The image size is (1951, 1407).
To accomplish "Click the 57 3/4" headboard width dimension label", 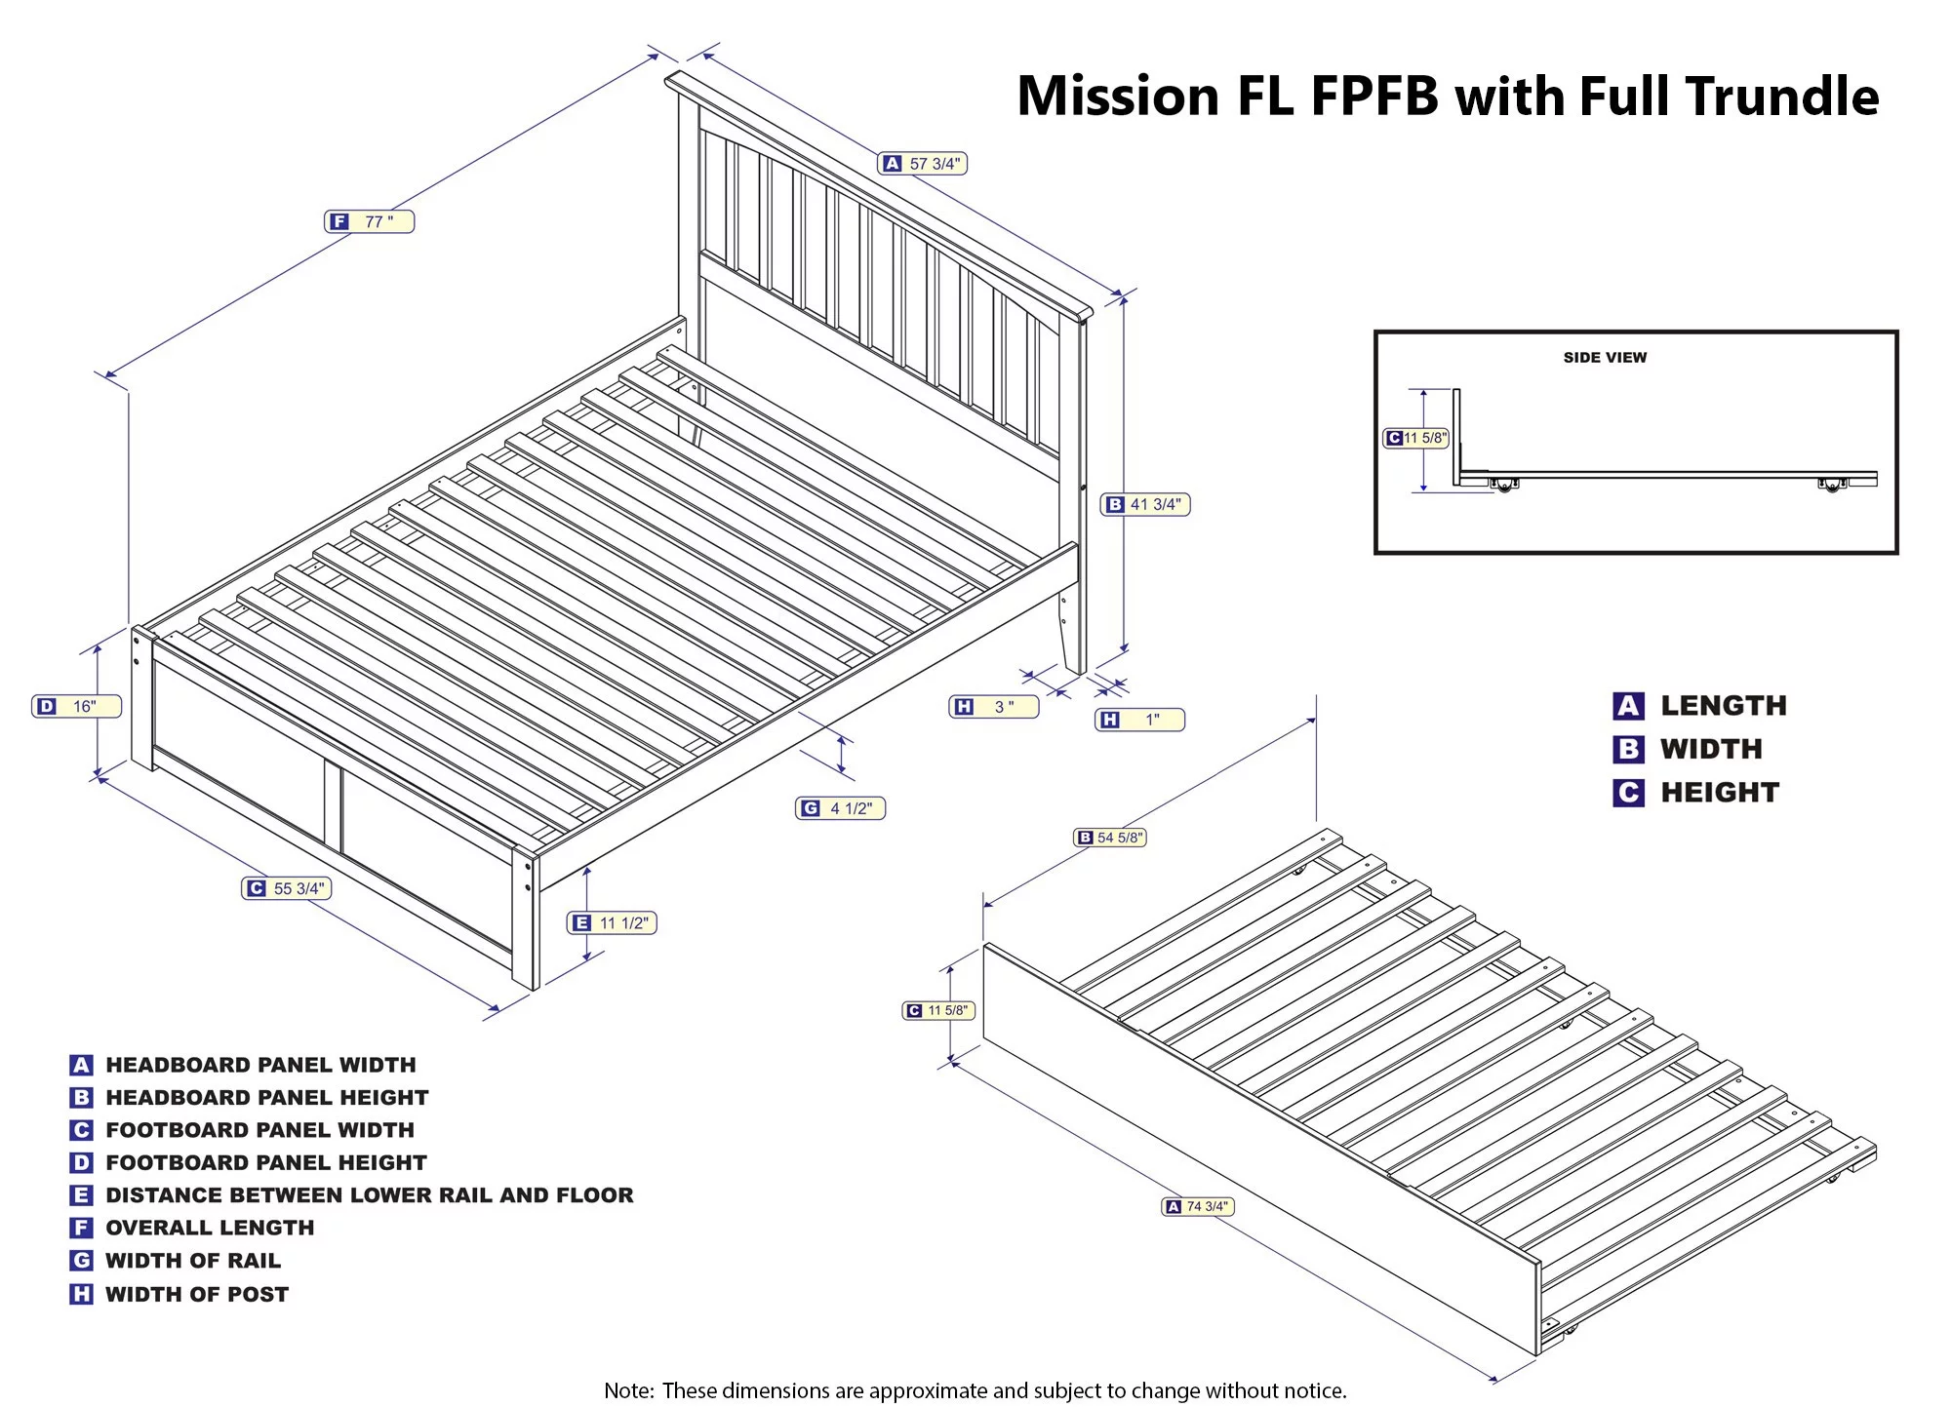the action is pos(923,164).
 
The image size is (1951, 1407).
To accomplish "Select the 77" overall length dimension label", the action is pos(369,221).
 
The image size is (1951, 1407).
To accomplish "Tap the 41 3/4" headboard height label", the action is pos(1145,504).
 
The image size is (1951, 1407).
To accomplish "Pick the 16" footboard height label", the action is pos(77,706).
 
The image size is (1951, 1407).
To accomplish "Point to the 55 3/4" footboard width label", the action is pos(287,888).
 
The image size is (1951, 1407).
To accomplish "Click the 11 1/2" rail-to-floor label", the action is pos(612,922).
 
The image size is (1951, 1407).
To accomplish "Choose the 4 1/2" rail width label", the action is pos(840,808).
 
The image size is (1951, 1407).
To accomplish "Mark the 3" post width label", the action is pos(994,707).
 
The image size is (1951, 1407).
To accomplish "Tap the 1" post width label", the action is pos(1139,720).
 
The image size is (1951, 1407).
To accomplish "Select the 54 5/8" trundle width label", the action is pos(1110,838).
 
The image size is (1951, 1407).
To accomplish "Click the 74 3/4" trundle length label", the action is pos(1199,1206).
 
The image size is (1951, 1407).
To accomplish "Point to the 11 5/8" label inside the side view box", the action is pos(1416,438).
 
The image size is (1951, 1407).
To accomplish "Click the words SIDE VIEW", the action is pos(1605,358).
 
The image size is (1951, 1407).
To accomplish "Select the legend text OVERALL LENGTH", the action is pos(210,1228).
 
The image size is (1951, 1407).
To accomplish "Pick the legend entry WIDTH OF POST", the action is pos(197,1294).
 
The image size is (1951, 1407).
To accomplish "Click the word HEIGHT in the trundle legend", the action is pos(1720,793).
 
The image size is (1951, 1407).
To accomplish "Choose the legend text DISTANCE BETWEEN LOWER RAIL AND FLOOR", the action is pos(370,1194).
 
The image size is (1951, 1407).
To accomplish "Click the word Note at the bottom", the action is pos(627,1390).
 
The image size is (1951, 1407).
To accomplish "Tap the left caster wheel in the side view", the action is pos(1504,485).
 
